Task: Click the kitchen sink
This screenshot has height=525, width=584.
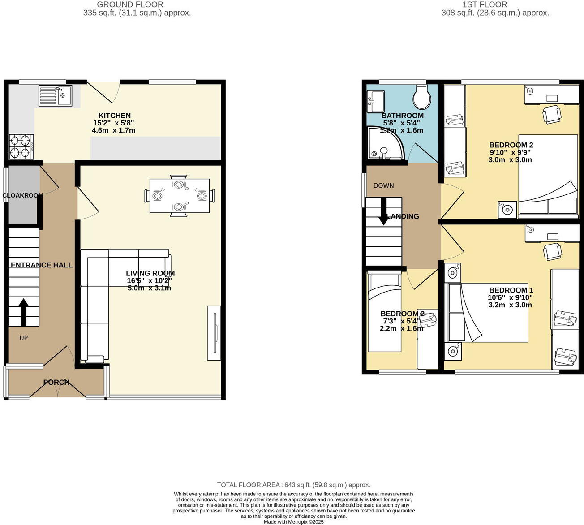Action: click(x=55, y=95)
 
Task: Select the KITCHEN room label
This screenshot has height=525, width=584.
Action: click(x=115, y=116)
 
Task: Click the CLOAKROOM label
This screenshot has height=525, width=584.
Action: click(x=22, y=195)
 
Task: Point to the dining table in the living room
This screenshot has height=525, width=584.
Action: click(x=179, y=196)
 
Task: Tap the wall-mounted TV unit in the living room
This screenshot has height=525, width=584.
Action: click(x=214, y=333)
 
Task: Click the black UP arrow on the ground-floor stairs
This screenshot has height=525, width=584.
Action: click(x=23, y=312)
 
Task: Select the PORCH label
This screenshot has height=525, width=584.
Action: click(x=56, y=382)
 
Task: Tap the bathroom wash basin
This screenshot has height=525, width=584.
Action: click(x=375, y=101)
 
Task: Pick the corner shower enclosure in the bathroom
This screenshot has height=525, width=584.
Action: click(x=384, y=143)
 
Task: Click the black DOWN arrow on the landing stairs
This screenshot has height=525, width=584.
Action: click(x=384, y=211)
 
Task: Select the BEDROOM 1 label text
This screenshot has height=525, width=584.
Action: click(x=511, y=290)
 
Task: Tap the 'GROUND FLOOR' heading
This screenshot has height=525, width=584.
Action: click(x=130, y=4)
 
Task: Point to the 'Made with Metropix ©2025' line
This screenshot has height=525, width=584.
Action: click(x=293, y=522)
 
